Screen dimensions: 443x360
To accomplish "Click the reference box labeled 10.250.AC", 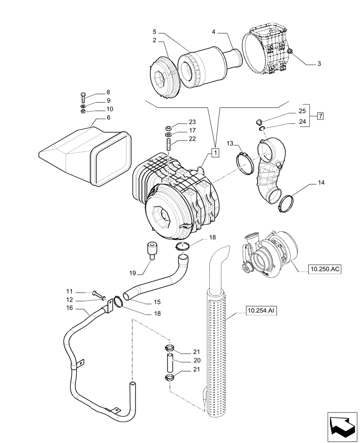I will [x=326, y=268].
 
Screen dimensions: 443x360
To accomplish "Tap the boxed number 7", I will [x=320, y=117].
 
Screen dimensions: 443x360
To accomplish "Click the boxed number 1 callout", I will [x=215, y=153].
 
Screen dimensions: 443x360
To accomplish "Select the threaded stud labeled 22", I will [x=169, y=144].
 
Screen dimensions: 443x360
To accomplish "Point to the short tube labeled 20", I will [x=169, y=362].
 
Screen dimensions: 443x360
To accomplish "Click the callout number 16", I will [x=69, y=308].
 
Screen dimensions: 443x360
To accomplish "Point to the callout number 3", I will [x=318, y=64].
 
